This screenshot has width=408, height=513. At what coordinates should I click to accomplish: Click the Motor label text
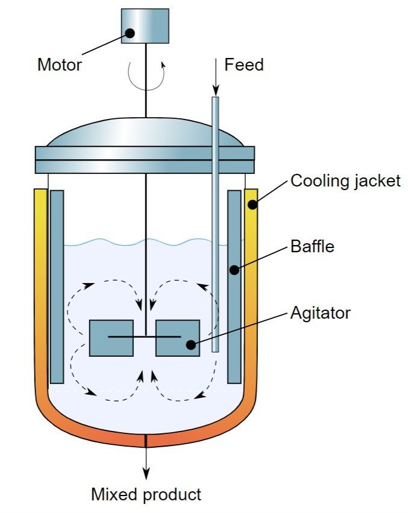point(60,65)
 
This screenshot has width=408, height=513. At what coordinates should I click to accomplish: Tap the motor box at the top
point(145,25)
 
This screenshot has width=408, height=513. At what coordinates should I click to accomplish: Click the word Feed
point(244,65)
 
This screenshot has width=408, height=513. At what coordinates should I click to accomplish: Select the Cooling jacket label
point(345,180)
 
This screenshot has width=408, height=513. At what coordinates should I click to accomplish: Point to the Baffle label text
point(312,246)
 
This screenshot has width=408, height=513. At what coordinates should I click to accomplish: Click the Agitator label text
point(320,313)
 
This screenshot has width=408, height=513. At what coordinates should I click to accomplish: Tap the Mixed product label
point(146,495)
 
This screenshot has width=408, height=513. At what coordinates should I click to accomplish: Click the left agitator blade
point(111,337)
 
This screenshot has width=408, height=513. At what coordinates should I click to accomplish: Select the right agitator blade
point(177,337)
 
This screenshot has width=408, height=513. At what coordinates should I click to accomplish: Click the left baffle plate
point(57,287)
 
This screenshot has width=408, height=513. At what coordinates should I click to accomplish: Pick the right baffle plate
point(234,287)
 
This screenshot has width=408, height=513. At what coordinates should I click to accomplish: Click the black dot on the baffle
point(234,270)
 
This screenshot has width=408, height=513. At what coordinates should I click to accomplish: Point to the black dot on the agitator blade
point(190,345)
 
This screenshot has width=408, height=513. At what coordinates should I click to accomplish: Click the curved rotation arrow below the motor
point(145,75)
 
